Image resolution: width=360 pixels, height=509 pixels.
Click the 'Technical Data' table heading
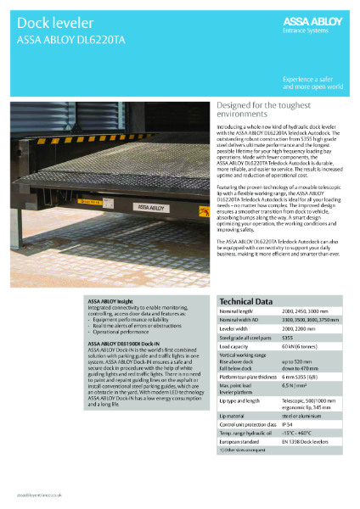pos(245,301)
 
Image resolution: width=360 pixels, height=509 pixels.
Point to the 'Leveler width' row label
pos(239,327)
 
